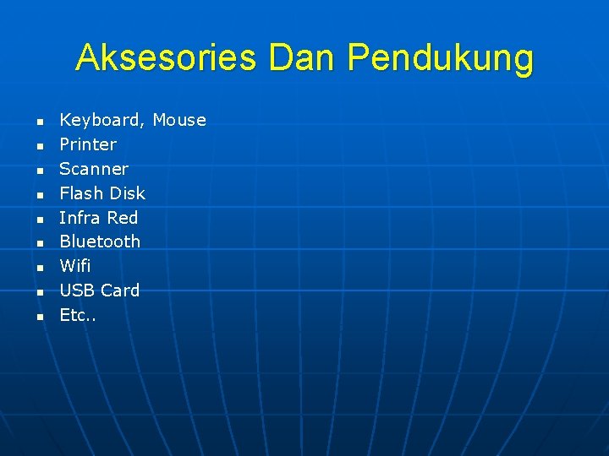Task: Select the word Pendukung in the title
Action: tap(441, 59)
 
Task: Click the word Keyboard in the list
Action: tap(101, 120)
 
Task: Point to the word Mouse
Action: tap(179, 120)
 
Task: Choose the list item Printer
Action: tap(88, 144)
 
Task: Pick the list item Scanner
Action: tap(94, 169)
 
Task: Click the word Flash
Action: tap(77, 193)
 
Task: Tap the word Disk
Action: tap(124, 193)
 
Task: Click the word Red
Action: tap(123, 218)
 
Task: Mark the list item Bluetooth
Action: tap(100, 242)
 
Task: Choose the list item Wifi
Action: tap(75, 266)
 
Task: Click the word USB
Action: tap(77, 290)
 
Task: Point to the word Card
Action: tap(120, 290)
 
